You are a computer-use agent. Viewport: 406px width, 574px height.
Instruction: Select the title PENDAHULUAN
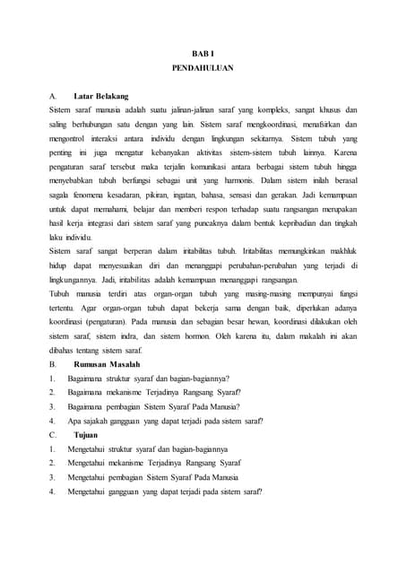click(x=203, y=68)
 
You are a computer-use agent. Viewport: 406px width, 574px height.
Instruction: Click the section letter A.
click(x=53, y=96)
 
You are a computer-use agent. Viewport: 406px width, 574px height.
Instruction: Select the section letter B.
click(x=53, y=365)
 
